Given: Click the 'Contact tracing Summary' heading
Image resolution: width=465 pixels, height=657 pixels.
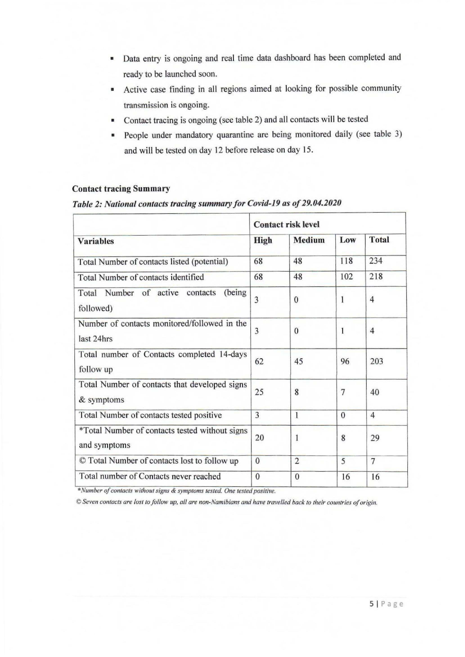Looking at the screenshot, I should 121,189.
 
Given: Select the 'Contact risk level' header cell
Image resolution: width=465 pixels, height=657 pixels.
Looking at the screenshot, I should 286,225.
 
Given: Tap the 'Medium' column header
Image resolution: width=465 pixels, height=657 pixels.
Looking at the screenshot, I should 309,240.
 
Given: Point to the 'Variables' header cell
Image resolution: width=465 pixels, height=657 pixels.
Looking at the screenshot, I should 96,241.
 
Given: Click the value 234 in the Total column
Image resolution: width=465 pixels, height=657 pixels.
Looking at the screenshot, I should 375,261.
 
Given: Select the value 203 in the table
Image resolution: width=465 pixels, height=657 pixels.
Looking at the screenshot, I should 376,361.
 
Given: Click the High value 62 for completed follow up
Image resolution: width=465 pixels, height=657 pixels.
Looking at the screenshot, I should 259,362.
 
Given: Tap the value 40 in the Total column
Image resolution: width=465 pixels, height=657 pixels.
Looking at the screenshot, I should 375,392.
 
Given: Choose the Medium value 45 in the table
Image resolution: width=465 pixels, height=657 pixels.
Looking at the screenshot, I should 298,362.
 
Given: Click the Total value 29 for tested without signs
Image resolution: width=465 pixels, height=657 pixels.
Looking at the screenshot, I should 375,438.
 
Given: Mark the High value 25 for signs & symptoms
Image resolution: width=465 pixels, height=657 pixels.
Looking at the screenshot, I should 259,392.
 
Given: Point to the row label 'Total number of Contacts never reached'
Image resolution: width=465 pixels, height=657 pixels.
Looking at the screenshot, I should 150,476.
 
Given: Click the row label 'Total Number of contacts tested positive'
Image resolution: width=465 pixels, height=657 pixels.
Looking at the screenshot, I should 150,415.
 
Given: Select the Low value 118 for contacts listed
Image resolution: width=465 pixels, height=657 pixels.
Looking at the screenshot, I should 346,261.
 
